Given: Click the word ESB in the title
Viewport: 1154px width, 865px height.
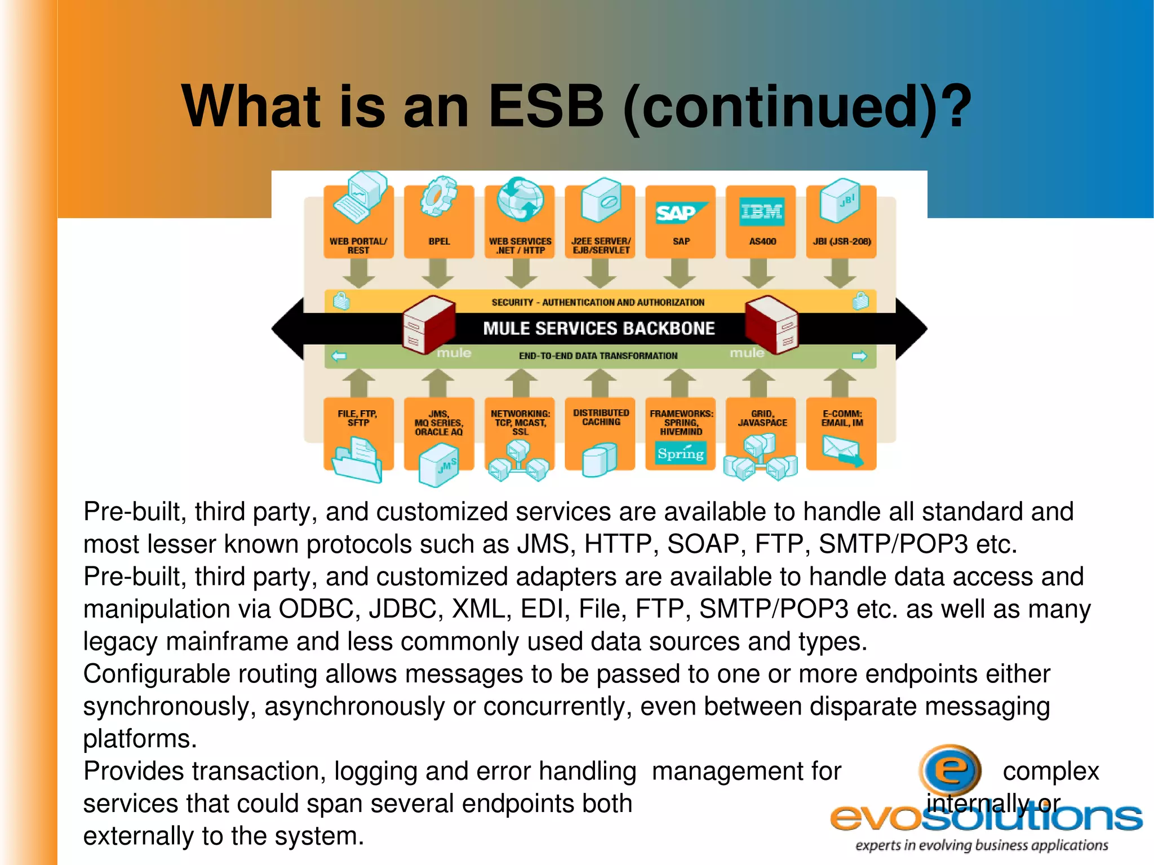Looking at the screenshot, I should (545, 106).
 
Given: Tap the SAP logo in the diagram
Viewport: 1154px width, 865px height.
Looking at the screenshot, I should (680, 212).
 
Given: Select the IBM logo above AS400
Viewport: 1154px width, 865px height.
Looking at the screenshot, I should (761, 211).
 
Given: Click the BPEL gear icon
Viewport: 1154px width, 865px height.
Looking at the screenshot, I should (438, 196).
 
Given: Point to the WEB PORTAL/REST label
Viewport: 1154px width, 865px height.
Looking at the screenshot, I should (358, 246).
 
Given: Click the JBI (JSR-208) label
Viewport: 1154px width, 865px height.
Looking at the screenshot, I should (841, 241).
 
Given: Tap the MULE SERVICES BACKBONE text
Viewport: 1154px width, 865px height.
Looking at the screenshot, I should (598, 329).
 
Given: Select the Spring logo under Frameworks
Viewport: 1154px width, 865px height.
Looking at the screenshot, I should (681, 453).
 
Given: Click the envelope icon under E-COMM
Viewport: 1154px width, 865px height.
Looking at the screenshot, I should (842, 450).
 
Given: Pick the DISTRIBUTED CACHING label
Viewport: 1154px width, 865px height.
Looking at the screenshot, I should (601, 418).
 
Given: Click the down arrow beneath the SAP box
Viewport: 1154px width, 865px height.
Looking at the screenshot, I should (680, 274).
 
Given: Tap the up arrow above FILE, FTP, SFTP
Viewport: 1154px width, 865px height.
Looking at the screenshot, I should (359, 383).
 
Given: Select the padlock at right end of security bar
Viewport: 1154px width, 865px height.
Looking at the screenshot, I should (860, 301).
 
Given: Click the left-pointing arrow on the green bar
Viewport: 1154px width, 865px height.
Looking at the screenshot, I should (339, 356).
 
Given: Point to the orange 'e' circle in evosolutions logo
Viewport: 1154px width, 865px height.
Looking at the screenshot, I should (950, 770).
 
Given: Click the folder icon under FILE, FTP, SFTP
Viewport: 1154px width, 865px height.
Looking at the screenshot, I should (357, 460).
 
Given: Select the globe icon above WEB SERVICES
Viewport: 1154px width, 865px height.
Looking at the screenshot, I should (520, 199).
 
